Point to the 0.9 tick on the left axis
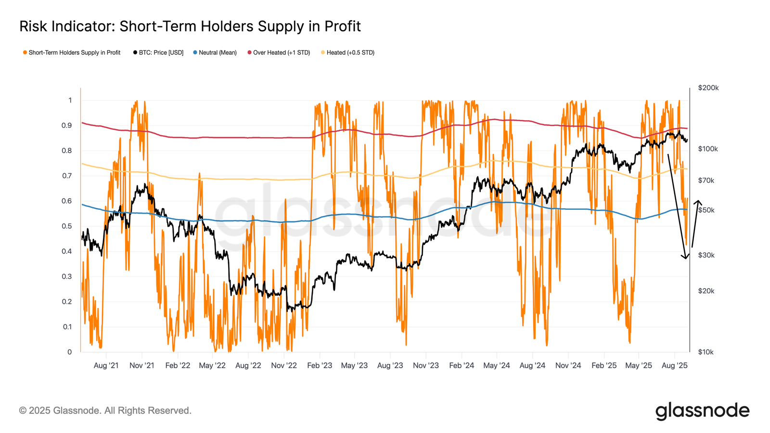tap(66, 126)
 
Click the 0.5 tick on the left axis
tap(66, 226)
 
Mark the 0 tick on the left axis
tap(69, 352)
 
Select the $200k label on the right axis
tap(708, 88)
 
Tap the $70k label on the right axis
tap(706, 180)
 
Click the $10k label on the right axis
tap(706, 352)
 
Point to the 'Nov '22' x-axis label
tap(284, 366)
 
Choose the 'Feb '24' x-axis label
tap(462, 366)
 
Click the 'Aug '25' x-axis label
tap(674, 366)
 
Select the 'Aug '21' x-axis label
tap(106, 366)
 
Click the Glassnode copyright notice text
tap(105, 410)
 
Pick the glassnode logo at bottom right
tap(702, 411)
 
